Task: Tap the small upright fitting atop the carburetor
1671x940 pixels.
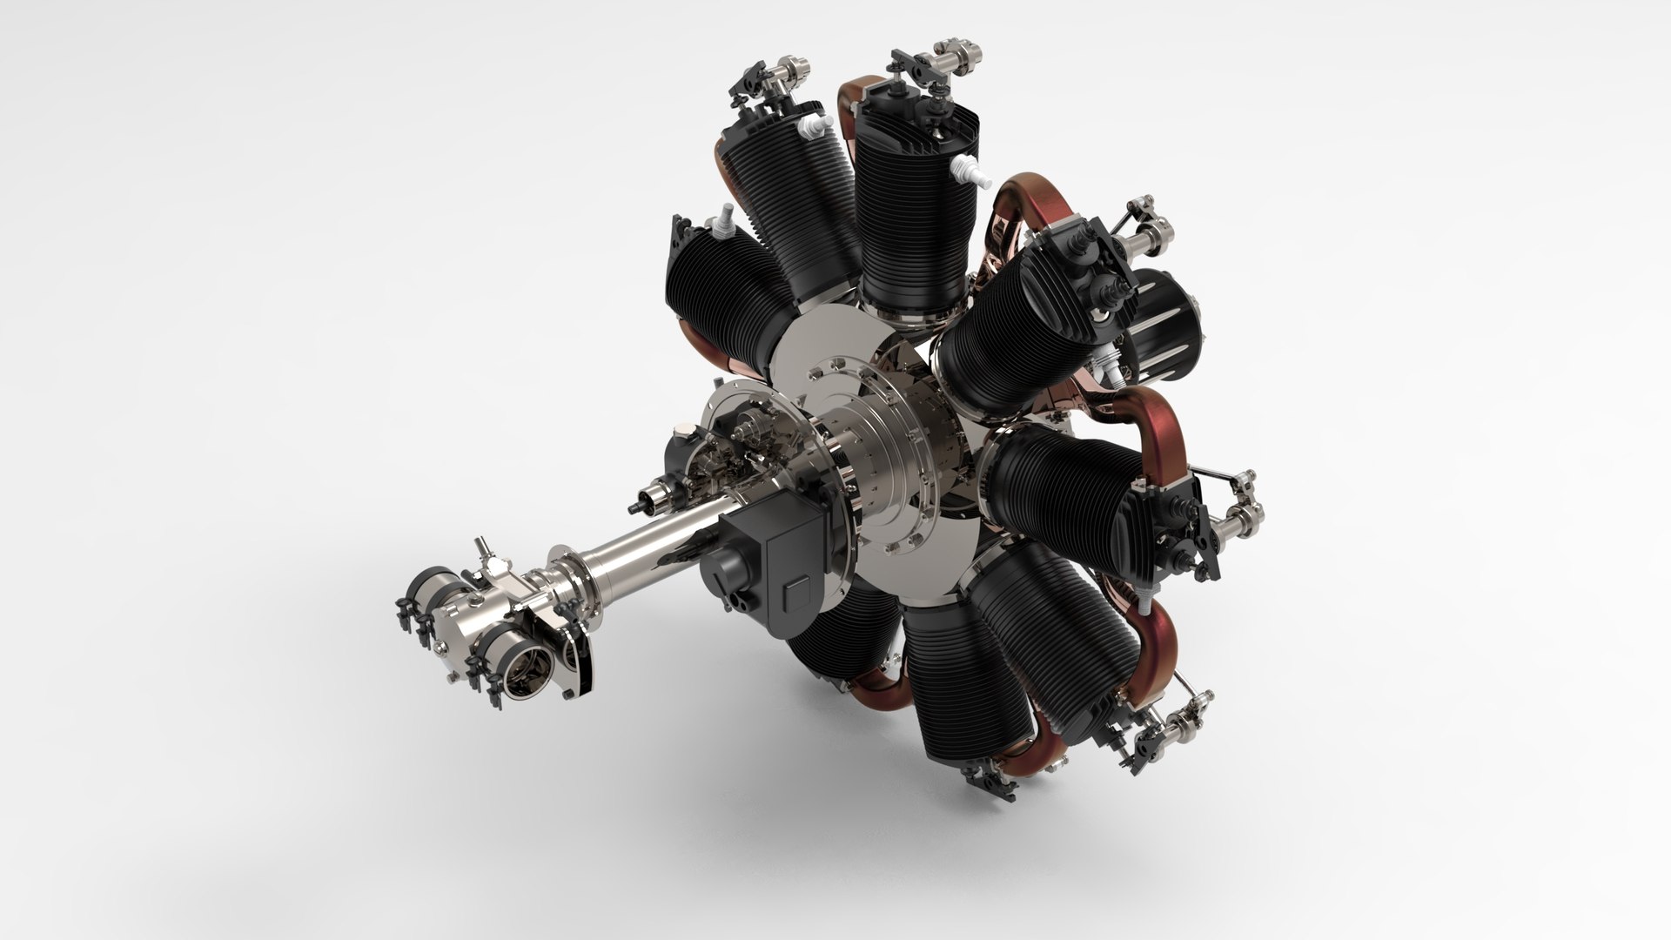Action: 481,552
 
